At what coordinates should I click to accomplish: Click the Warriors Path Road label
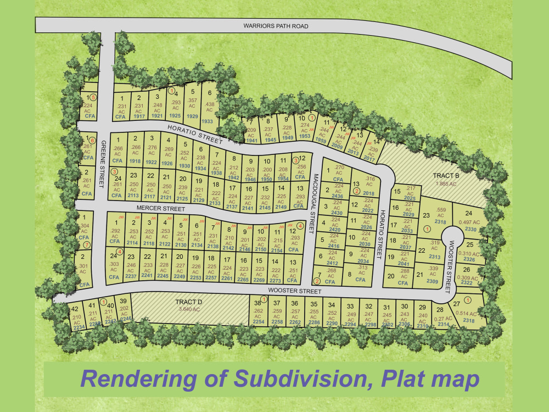[x=276, y=26]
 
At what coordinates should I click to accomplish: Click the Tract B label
[x=445, y=175]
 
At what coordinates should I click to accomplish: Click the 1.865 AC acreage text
[x=445, y=184]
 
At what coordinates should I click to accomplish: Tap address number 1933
[x=208, y=121]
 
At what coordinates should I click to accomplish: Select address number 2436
[x=338, y=196]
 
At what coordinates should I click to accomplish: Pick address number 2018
[x=368, y=193]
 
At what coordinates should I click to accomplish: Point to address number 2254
[x=258, y=322]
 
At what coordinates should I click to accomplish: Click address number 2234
[x=79, y=327]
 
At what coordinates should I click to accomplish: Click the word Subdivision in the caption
[x=296, y=378]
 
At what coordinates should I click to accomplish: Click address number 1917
[x=139, y=116]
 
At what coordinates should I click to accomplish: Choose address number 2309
[x=433, y=282]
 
